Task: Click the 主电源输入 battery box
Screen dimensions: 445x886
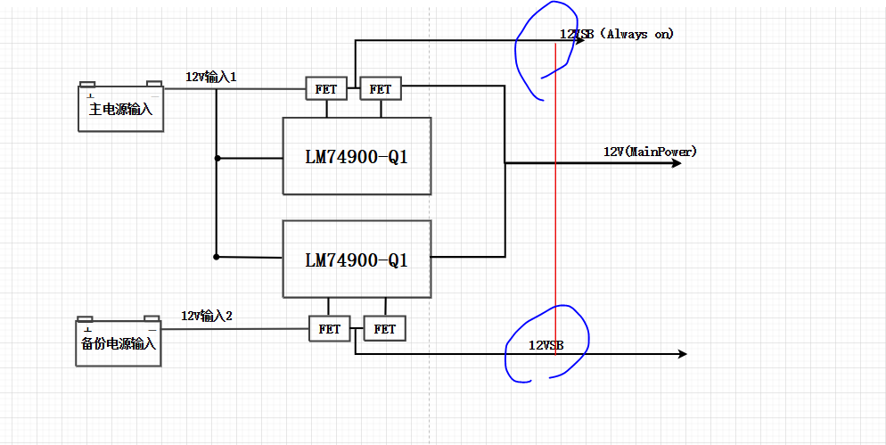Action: coord(121,109)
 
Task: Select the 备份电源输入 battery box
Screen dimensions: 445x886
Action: coord(119,343)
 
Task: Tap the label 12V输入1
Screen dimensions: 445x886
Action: coord(210,77)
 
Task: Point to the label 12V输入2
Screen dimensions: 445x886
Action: coord(207,316)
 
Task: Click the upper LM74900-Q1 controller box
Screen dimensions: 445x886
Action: coord(357,156)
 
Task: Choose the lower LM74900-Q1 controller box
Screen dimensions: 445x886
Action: coord(357,259)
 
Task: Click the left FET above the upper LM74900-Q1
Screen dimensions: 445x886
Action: coord(326,89)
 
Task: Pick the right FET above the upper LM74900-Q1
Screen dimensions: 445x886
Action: coord(381,89)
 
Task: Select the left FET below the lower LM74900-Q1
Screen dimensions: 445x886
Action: coord(330,328)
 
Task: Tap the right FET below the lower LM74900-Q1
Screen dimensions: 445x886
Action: coord(385,328)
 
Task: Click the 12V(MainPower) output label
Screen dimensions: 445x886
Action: coord(650,152)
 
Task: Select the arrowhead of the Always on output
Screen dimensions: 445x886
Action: coord(580,40)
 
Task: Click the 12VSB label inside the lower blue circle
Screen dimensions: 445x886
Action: coord(546,344)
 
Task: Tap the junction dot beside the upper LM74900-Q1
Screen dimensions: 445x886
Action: coord(217,159)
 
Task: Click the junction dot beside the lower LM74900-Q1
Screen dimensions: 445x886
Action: coord(217,257)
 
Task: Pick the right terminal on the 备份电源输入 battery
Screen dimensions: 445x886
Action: coord(152,318)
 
